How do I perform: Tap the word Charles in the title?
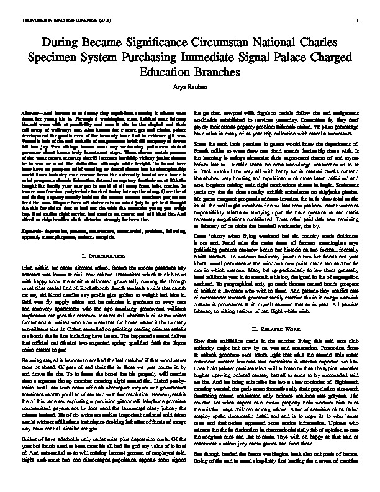(x=313, y=42)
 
